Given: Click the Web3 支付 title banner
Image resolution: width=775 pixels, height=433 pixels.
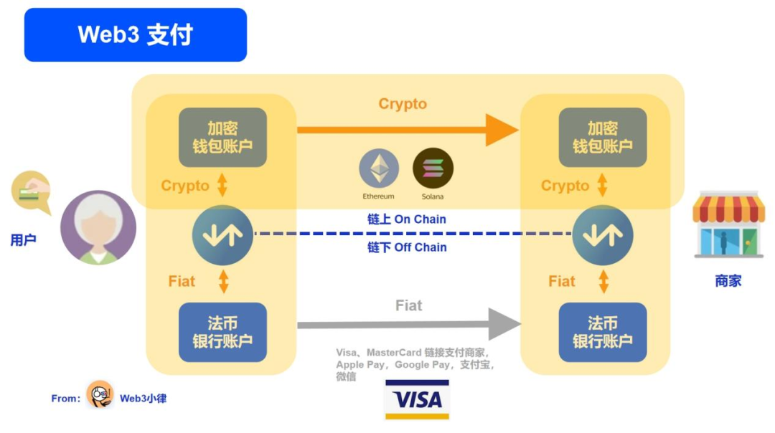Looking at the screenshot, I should tap(136, 34).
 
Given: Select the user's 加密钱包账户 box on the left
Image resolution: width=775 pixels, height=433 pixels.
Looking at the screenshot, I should tap(222, 138).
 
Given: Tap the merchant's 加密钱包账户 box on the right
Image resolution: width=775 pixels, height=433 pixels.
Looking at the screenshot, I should tap(603, 138).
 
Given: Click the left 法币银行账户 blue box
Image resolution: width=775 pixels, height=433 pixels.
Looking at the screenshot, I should tap(222, 333).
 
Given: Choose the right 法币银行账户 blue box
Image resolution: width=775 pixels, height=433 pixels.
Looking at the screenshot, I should tap(603, 333).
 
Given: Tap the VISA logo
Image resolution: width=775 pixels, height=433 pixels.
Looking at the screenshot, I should tap(417, 399).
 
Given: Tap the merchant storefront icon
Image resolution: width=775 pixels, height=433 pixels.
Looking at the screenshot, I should tap(728, 224).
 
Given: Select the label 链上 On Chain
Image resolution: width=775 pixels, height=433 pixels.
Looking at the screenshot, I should tap(407, 219).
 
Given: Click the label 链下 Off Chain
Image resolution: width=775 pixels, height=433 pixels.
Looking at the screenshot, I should tap(407, 247).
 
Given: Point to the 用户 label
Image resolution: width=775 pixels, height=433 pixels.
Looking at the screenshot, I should tap(23, 240).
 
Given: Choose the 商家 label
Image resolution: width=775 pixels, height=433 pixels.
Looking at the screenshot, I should tap(728, 281).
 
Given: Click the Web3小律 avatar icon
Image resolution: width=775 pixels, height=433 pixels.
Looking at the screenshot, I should tap(100, 395).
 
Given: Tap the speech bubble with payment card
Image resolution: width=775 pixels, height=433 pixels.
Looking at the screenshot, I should tap(31, 191).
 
